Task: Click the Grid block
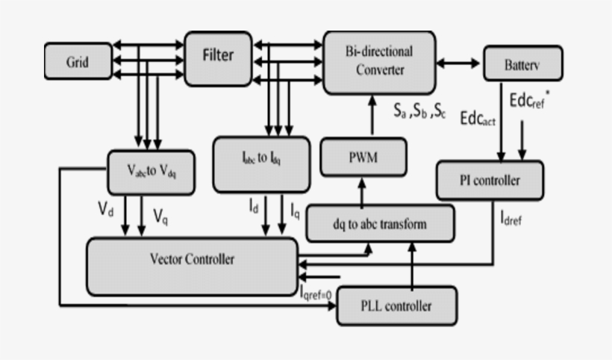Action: point(78,61)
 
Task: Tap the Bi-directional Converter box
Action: point(378,62)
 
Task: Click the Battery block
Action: point(522,64)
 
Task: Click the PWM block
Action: point(363,158)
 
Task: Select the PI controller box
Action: point(490,180)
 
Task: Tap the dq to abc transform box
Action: point(381,223)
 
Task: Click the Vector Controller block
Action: point(192,265)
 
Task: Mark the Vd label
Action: point(106,209)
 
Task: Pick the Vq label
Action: point(160,216)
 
